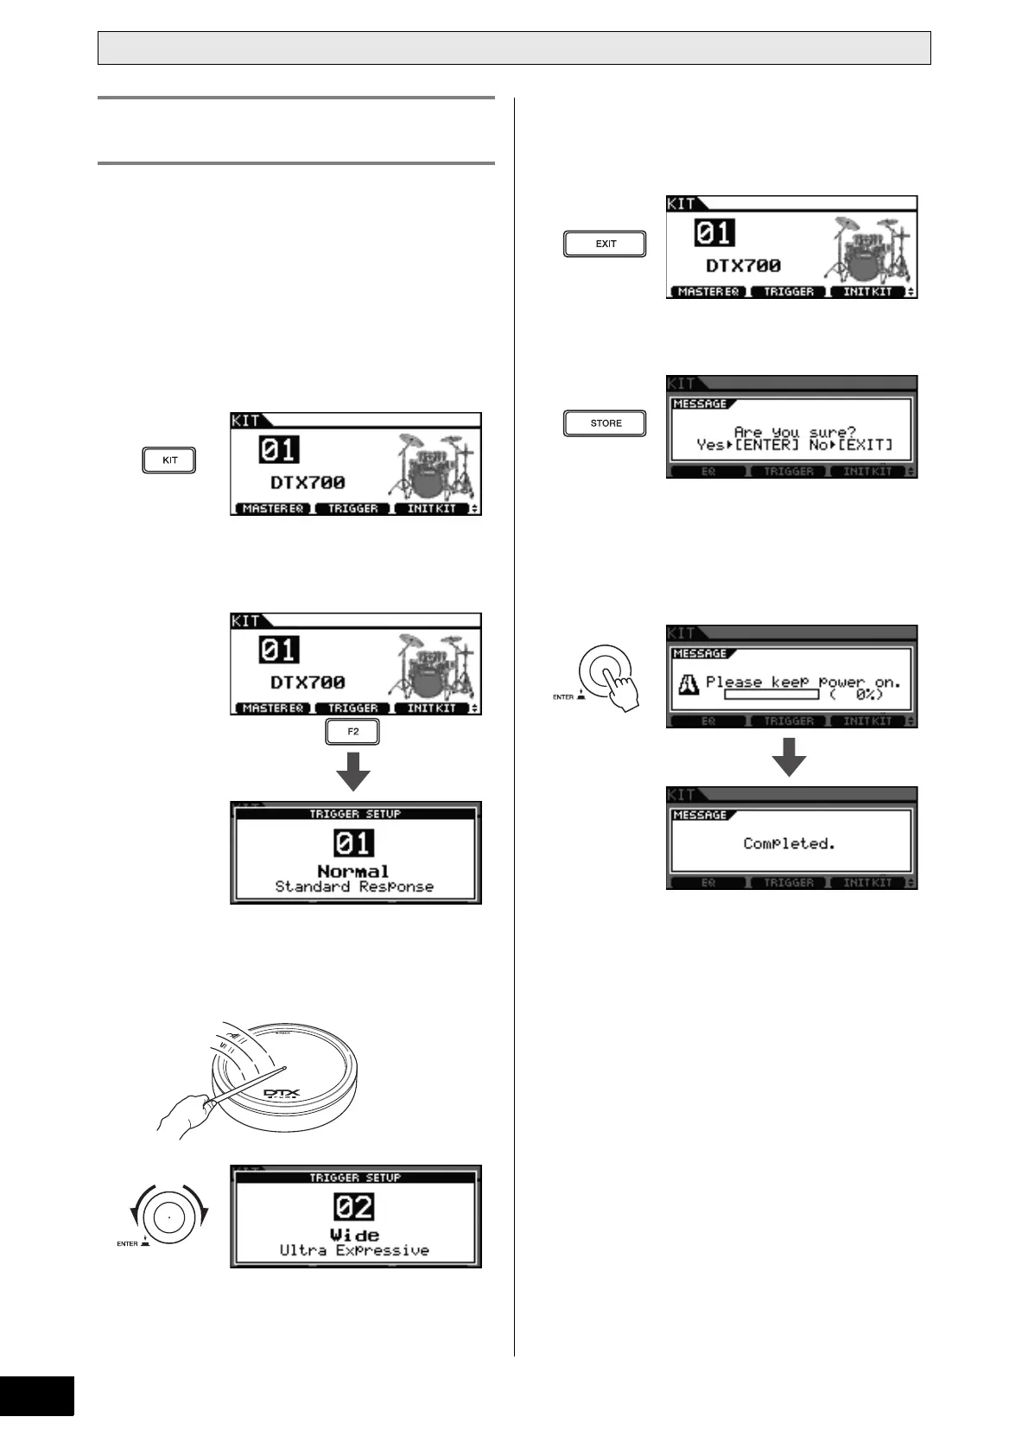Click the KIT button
pyautogui.click(x=169, y=461)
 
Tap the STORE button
pyautogui.click(x=605, y=423)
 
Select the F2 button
pyautogui.click(x=352, y=733)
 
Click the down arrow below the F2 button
pyautogui.click(x=352, y=771)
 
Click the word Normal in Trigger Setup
pyautogui.click(x=353, y=871)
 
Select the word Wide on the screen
pyautogui.click(x=354, y=1235)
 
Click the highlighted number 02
pyautogui.click(x=354, y=1207)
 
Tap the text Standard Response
pyautogui.click(x=354, y=886)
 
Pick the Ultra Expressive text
pyautogui.click(x=354, y=1250)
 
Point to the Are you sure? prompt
pyautogui.click(x=795, y=432)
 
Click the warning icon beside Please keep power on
pyautogui.click(x=689, y=684)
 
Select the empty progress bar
pyautogui.click(x=771, y=695)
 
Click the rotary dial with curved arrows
pyautogui.click(x=168, y=1217)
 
